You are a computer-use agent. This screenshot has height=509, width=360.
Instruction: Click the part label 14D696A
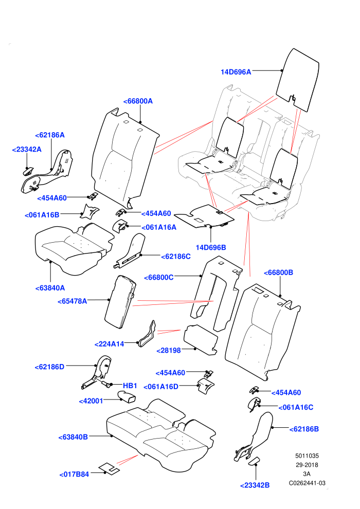(x=236, y=72)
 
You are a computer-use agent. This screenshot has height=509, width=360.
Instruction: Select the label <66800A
(x=138, y=101)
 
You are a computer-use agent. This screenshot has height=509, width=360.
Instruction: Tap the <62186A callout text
(x=50, y=135)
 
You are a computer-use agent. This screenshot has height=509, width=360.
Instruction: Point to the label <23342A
(x=27, y=149)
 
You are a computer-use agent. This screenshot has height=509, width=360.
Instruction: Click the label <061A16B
(x=42, y=215)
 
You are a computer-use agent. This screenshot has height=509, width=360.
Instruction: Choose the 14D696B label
(x=211, y=247)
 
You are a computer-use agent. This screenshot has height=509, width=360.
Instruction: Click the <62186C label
(x=176, y=257)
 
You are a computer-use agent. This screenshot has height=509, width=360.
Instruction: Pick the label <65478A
(x=73, y=301)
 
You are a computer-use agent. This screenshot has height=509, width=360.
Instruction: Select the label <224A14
(x=110, y=344)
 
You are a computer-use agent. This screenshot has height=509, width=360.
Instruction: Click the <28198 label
(x=169, y=351)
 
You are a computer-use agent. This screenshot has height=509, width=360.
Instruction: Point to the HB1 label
(x=130, y=386)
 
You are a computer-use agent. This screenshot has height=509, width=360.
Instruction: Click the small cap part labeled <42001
(x=127, y=397)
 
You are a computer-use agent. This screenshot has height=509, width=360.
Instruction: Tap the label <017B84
(x=74, y=474)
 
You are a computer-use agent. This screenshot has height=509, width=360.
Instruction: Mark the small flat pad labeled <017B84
(x=109, y=468)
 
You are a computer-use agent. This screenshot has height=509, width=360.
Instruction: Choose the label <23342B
(x=255, y=485)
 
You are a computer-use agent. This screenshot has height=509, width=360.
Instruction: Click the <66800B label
(x=279, y=272)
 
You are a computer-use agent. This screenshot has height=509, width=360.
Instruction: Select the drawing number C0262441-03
(x=307, y=483)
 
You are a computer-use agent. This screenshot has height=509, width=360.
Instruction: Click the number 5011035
(x=307, y=456)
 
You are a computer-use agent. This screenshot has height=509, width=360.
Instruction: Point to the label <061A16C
(x=296, y=407)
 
